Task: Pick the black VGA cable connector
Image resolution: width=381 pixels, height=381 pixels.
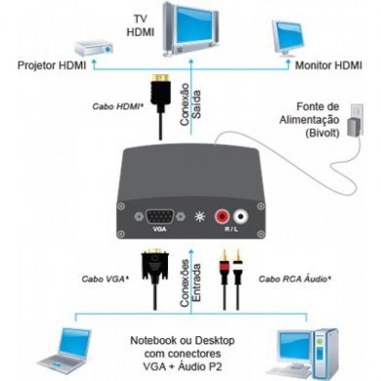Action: click(x=152, y=266)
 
